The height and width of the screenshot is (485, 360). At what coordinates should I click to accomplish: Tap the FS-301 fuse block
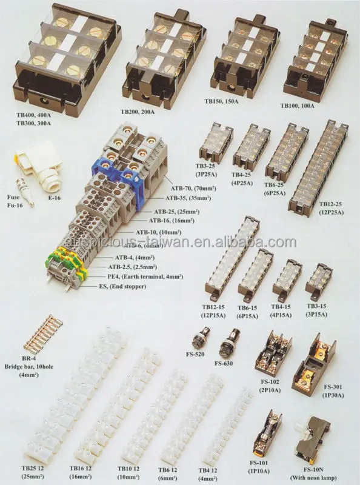click(321, 358)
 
